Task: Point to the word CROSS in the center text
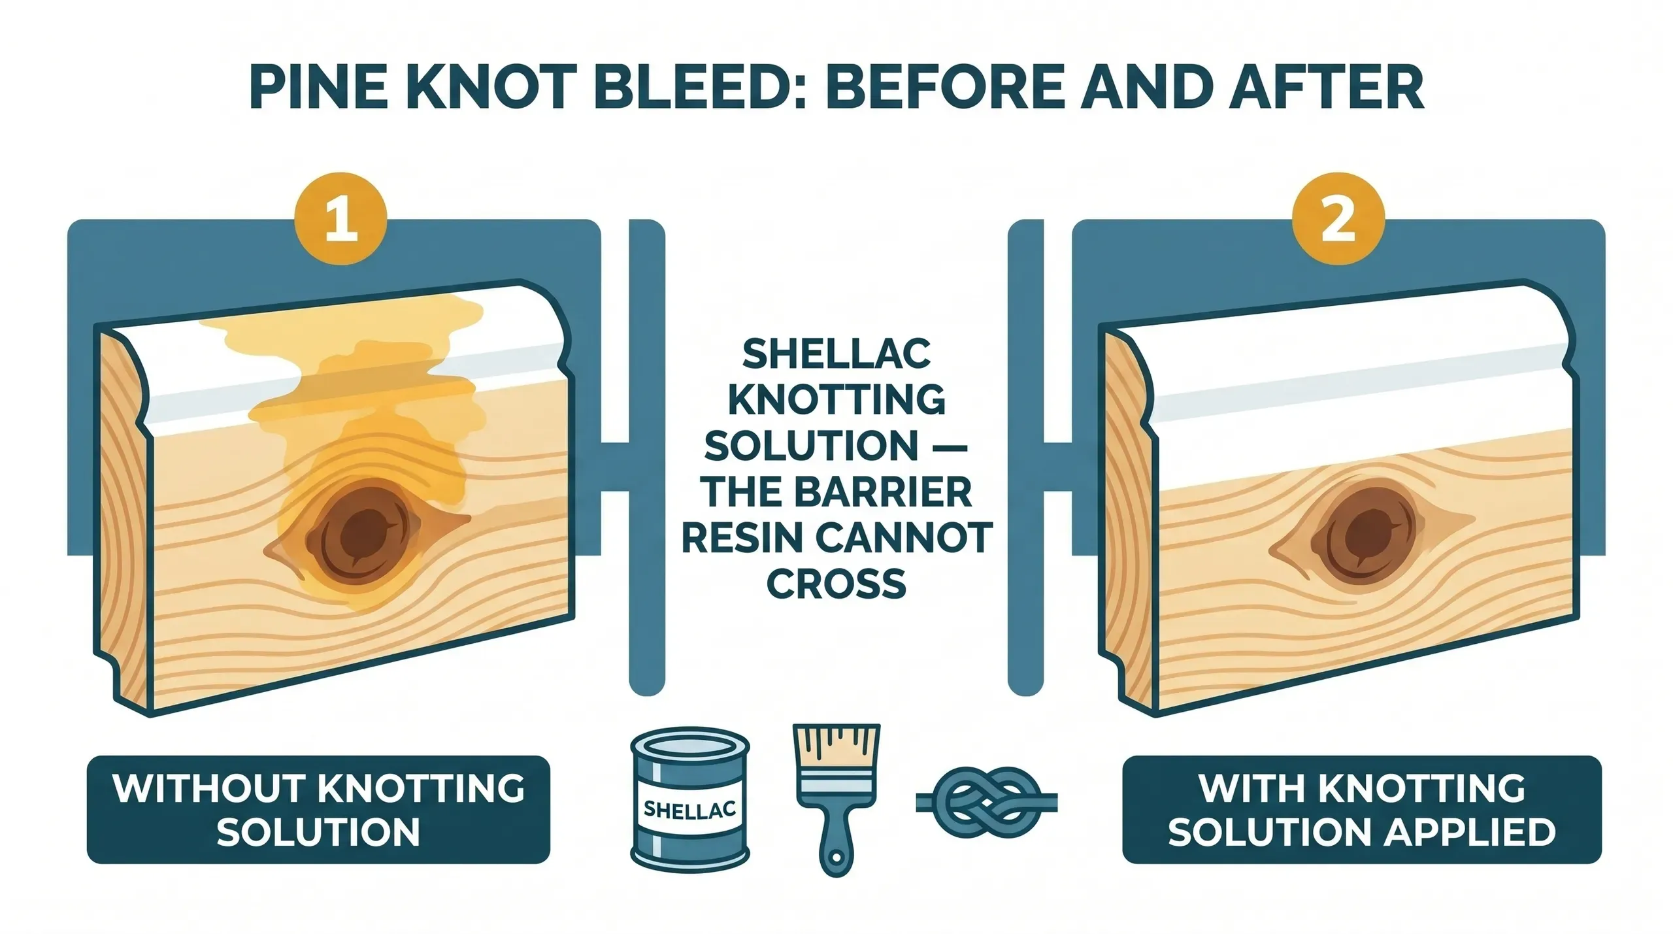coord(836,583)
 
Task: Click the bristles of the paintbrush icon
coord(836,748)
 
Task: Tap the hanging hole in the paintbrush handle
coord(836,856)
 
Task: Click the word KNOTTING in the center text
coord(836,400)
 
